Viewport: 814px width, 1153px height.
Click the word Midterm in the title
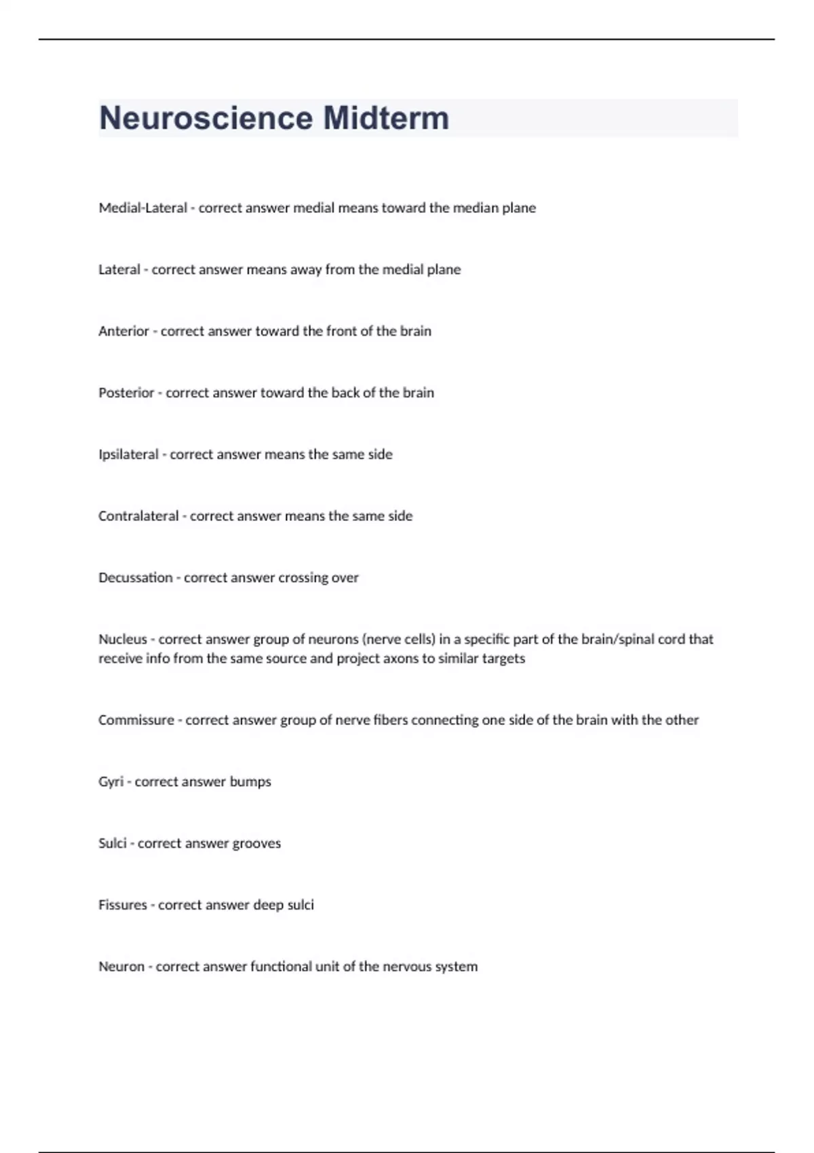[386, 118]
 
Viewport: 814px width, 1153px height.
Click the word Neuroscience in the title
[206, 118]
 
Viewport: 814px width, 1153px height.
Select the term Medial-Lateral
[142, 208]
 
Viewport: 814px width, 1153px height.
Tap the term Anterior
[123, 331]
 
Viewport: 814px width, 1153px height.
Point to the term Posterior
[126, 393]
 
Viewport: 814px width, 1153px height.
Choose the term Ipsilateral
[128, 454]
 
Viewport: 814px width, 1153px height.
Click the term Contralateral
[138, 516]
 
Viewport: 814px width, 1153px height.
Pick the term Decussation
[136, 578]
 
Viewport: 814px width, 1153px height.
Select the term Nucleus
[123, 639]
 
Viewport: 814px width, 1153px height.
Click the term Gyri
[111, 782]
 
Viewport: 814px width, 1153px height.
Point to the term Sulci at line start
[113, 844]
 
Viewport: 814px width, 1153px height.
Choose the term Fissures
[123, 905]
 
